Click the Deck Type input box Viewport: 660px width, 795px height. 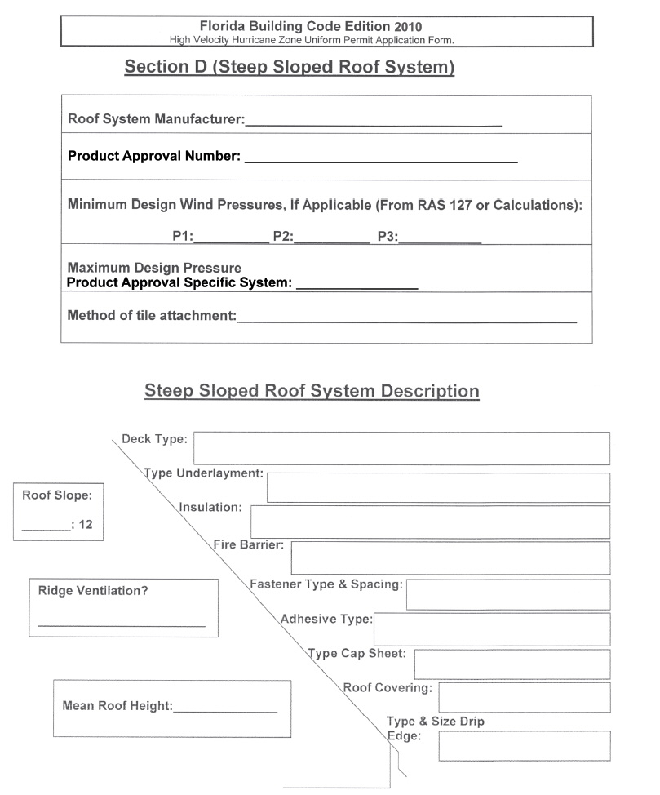tap(401, 449)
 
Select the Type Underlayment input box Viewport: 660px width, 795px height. tap(438, 487)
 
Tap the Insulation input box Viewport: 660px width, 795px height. tap(430, 522)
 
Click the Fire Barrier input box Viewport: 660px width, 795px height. tap(450, 558)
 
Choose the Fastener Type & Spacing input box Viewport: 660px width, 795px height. tap(507, 595)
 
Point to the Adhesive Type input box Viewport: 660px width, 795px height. tap(492, 629)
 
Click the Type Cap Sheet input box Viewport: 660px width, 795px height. tap(512, 664)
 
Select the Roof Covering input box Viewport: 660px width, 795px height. tap(524, 698)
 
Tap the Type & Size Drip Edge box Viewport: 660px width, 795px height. tap(524, 746)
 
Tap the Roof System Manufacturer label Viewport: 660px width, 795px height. tap(156, 119)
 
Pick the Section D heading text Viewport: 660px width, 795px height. tap(289, 67)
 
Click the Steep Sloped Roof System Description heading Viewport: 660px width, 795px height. tap(312, 391)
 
